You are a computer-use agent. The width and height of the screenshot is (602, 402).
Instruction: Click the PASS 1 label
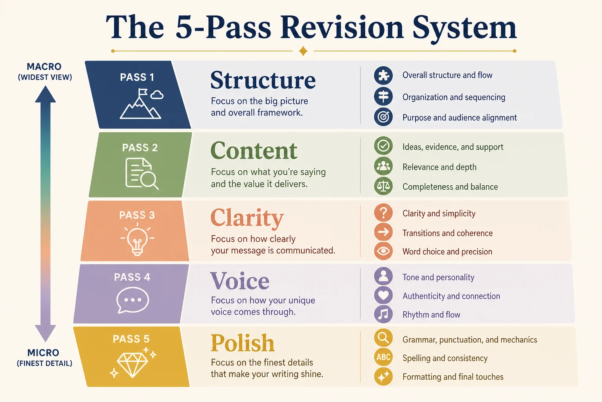point(137,77)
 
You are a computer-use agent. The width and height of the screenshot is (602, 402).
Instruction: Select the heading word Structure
point(263,80)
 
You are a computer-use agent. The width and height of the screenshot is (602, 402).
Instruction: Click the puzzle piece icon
point(383,75)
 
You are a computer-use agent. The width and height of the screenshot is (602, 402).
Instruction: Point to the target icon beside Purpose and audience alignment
point(383,117)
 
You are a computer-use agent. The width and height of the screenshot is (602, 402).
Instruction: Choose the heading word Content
point(254,150)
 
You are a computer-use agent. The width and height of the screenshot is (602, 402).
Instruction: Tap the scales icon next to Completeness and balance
point(383,186)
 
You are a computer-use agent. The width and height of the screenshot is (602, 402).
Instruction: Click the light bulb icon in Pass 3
point(137,239)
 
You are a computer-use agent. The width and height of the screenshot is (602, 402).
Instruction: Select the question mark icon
point(383,213)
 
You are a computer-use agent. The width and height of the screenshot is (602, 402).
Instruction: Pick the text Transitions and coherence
point(448,233)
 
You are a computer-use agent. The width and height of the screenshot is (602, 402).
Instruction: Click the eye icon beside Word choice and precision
point(383,251)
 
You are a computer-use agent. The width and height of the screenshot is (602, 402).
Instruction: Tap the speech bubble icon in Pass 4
point(132,300)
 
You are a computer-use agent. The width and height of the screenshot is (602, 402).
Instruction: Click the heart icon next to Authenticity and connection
point(383,295)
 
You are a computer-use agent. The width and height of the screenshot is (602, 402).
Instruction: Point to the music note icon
point(383,314)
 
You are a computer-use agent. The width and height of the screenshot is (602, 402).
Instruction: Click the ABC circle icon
point(383,357)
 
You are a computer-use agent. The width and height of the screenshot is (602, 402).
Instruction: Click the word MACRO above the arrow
point(44,66)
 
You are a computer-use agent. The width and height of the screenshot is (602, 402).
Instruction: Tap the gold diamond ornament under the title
point(303,51)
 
